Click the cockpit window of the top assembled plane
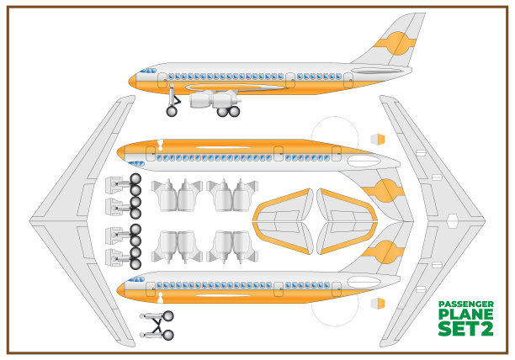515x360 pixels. pyautogui.click(x=149, y=70)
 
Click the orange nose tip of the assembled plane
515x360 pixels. pyautogui.click(x=130, y=81)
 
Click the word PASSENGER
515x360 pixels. pyautogui.click(x=466, y=304)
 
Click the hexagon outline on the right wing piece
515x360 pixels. pyautogui.click(x=452, y=222)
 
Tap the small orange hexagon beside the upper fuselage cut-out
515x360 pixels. pyautogui.click(x=378, y=139)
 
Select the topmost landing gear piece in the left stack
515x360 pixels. pyautogui.click(x=124, y=184)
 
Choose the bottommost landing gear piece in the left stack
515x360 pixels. pyautogui.click(x=124, y=257)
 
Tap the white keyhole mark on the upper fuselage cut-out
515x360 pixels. pyautogui.click(x=160, y=142)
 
